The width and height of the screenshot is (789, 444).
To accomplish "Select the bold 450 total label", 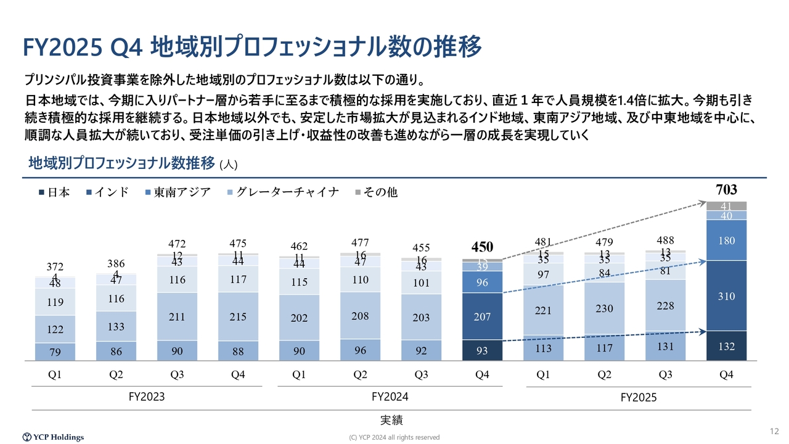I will (x=482, y=247).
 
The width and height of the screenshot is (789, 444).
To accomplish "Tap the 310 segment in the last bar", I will (x=726, y=296).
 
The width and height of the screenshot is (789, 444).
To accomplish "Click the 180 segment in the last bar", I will (x=726, y=240).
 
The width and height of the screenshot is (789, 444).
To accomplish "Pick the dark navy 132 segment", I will (x=726, y=346).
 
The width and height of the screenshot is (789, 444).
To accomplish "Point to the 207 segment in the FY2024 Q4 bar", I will (x=482, y=316).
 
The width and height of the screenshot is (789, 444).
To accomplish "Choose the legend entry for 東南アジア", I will (x=178, y=192).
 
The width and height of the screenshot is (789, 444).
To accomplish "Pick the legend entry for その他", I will (x=376, y=192).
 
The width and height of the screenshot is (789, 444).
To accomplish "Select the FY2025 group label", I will (x=638, y=398).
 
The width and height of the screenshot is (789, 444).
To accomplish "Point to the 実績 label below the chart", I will (x=391, y=421).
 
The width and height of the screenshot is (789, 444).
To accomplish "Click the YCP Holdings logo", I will (x=53, y=437).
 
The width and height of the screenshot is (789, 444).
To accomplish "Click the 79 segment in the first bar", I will (x=55, y=352).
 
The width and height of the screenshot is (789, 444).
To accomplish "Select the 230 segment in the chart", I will (x=604, y=308).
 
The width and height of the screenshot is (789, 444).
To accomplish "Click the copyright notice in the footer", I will (x=394, y=437).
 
